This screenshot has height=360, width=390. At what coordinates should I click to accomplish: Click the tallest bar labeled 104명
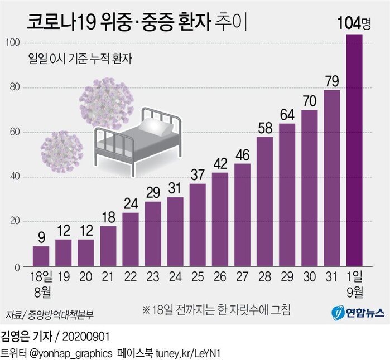[354, 150]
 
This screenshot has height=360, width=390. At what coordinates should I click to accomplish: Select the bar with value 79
[332, 178]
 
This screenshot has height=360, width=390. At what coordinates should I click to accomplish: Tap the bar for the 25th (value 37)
[198, 225]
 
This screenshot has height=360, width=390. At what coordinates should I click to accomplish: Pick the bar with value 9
[41, 256]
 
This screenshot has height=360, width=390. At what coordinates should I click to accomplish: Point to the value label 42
[220, 164]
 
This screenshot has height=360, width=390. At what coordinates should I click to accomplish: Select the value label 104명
[354, 24]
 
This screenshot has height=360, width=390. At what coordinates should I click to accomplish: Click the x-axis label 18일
[41, 277]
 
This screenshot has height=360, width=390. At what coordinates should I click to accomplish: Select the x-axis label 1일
[354, 277]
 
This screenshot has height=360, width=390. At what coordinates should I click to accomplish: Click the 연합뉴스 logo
[358, 313]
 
